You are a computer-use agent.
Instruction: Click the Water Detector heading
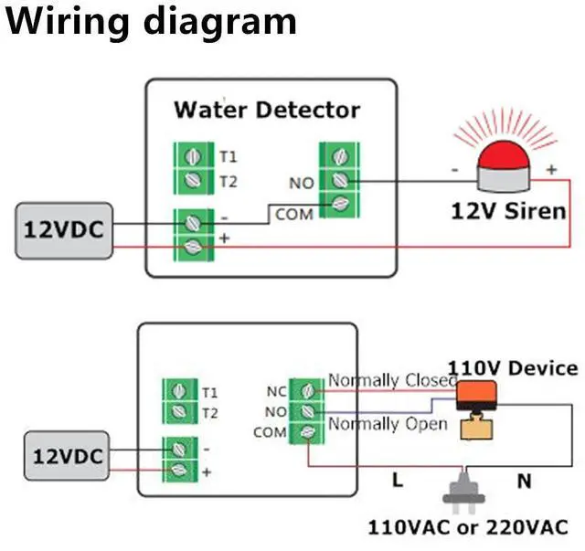pyautogui.click(x=267, y=111)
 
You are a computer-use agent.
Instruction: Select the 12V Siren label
pyautogui.click(x=508, y=211)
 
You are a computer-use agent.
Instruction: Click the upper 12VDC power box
pyautogui.click(x=61, y=229)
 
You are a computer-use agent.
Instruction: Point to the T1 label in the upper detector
pyautogui.click(x=228, y=156)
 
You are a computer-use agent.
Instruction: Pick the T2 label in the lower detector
pyautogui.click(x=210, y=413)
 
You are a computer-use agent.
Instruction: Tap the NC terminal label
pyautogui.click(x=276, y=392)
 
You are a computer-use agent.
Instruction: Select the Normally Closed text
pyautogui.click(x=392, y=379)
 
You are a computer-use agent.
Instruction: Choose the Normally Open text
pyautogui.click(x=388, y=424)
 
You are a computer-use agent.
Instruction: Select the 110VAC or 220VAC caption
pyautogui.click(x=467, y=527)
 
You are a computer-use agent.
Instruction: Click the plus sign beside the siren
pyautogui.click(x=551, y=170)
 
